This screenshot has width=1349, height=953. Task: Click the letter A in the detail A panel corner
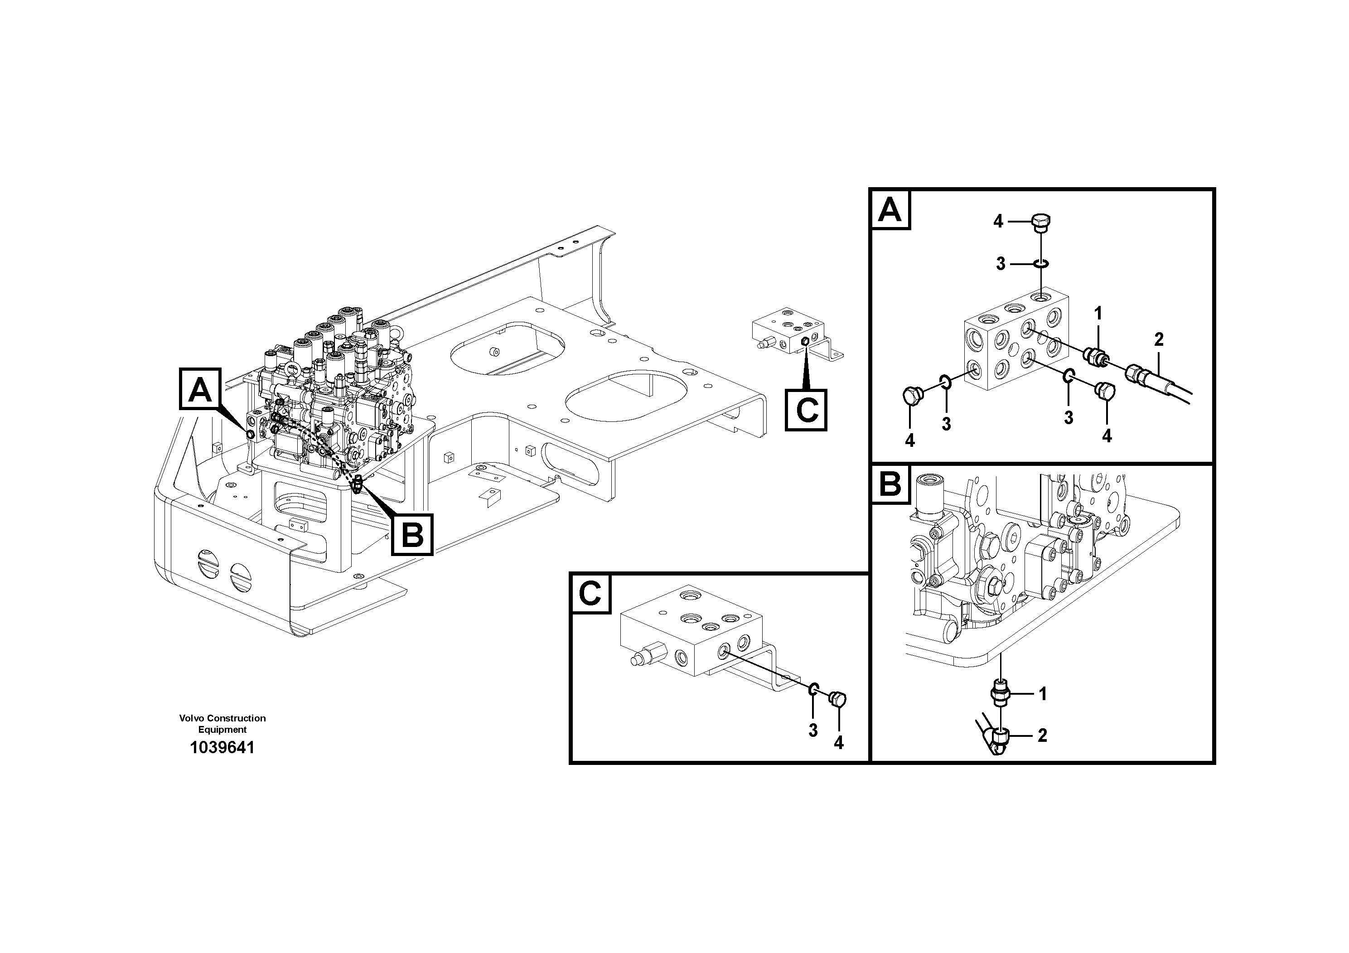pyautogui.click(x=890, y=210)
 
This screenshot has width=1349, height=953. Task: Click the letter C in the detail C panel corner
pyautogui.click(x=590, y=594)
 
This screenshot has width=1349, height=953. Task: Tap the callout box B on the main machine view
pyautogui.click(x=412, y=535)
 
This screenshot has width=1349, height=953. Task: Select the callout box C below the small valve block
pyautogui.click(x=806, y=410)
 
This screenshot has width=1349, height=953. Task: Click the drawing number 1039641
pyautogui.click(x=222, y=748)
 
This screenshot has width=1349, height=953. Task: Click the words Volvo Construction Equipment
pyautogui.click(x=222, y=724)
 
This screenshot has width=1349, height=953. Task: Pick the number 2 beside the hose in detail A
pyautogui.click(x=1159, y=339)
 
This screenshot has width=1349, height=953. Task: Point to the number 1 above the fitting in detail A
pyautogui.click(x=1098, y=313)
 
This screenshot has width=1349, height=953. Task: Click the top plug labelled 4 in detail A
pyautogui.click(x=1040, y=222)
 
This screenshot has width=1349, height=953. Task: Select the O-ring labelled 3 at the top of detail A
pyautogui.click(x=1040, y=264)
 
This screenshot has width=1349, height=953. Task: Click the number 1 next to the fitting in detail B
pyautogui.click(x=1043, y=694)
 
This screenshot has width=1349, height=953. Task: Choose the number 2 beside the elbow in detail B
pyautogui.click(x=1042, y=735)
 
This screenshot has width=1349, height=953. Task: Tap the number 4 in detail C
pyautogui.click(x=838, y=743)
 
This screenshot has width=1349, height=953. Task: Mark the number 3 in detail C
pyautogui.click(x=813, y=730)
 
